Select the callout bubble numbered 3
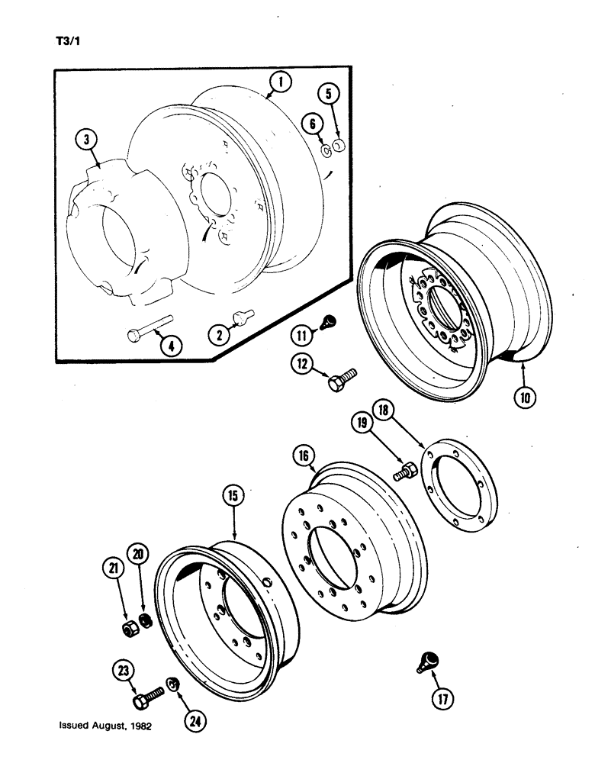pyautogui.click(x=87, y=140)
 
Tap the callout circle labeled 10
pyautogui.click(x=527, y=396)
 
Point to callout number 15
pyautogui.click(x=233, y=495)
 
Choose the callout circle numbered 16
pyautogui.click(x=304, y=456)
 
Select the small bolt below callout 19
pyautogui.click(x=403, y=471)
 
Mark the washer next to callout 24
pyautogui.click(x=173, y=684)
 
